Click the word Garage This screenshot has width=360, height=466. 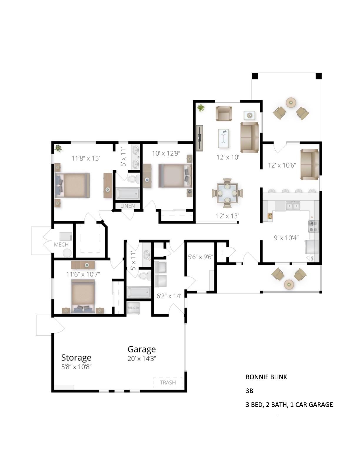[x=141, y=349]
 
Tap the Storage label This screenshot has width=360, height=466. [x=76, y=357]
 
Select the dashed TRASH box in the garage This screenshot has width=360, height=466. [x=168, y=382]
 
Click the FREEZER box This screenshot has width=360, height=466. [x=133, y=308]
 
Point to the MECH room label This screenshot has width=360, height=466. [x=61, y=244]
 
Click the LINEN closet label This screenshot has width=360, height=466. [x=128, y=206]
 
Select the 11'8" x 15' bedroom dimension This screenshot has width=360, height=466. [x=86, y=158]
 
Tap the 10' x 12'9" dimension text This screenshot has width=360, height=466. [x=166, y=153]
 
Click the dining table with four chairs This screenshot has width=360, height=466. [x=227, y=193]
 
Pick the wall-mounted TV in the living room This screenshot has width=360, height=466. [x=200, y=138]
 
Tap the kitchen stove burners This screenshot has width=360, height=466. [x=313, y=226]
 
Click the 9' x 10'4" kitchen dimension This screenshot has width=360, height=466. [x=286, y=237]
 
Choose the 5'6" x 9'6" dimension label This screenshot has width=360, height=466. [x=201, y=257]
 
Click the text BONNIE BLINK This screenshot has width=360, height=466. [x=266, y=377]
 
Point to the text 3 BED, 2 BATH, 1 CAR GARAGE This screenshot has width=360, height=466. [x=289, y=405]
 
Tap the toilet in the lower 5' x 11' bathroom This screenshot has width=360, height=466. [x=144, y=276]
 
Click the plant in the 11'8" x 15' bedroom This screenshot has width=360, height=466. [x=58, y=148]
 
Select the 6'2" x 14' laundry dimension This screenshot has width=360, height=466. [x=169, y=296]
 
